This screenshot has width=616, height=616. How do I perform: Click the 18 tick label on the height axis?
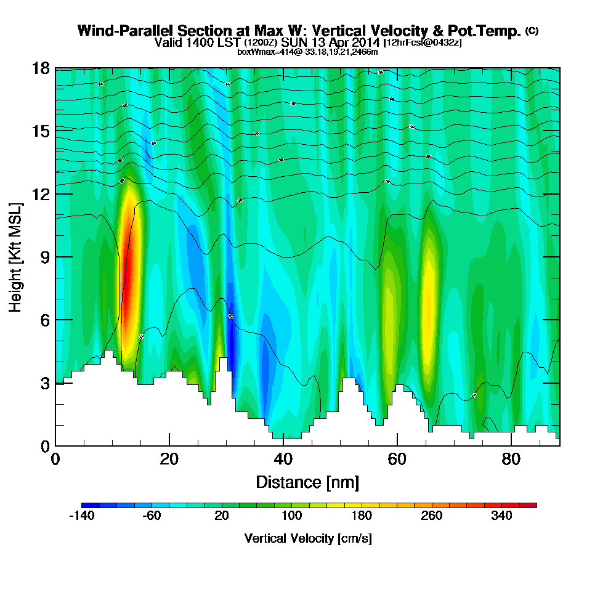coord(41,68)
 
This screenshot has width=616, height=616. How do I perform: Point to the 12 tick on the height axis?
coord(55,194)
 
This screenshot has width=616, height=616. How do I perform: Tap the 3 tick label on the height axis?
coord(44,383)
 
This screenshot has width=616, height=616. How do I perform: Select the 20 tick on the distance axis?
coord(169,445)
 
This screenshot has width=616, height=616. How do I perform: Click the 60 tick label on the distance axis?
coord(397,460)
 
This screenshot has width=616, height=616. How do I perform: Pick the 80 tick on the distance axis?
coord(512,445)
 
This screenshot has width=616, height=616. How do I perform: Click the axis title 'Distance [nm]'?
coord(307,482)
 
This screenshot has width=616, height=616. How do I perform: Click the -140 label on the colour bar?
coord(81,516)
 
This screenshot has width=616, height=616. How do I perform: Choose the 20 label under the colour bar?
coord(222,516)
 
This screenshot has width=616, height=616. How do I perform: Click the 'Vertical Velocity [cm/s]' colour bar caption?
coord(308,538)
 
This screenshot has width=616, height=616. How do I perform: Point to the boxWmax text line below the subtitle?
coord(307,52)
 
